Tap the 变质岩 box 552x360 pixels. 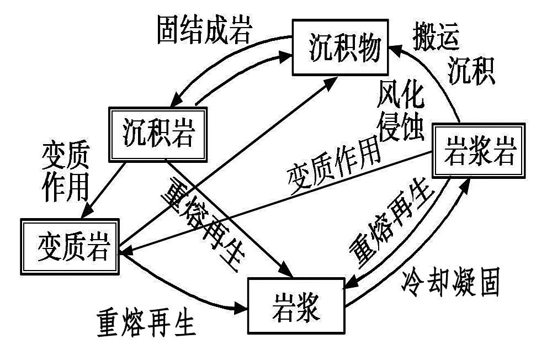70,246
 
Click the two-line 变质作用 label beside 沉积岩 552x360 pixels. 65,172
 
